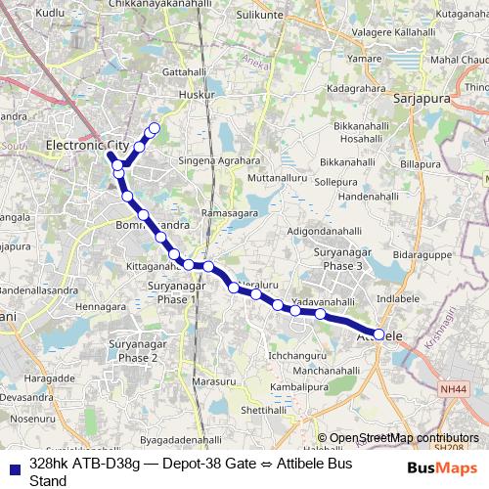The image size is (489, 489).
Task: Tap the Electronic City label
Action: (88, 145)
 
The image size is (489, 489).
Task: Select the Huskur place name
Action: (198, 95)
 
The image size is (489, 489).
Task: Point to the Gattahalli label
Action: (190, 73)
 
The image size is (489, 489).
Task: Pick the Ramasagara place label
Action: (228, 212)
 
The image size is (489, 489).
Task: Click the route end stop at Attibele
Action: (378, 334)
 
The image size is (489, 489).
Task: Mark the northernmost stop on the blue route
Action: (154, 127)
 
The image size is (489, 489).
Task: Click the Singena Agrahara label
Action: (220, 160)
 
